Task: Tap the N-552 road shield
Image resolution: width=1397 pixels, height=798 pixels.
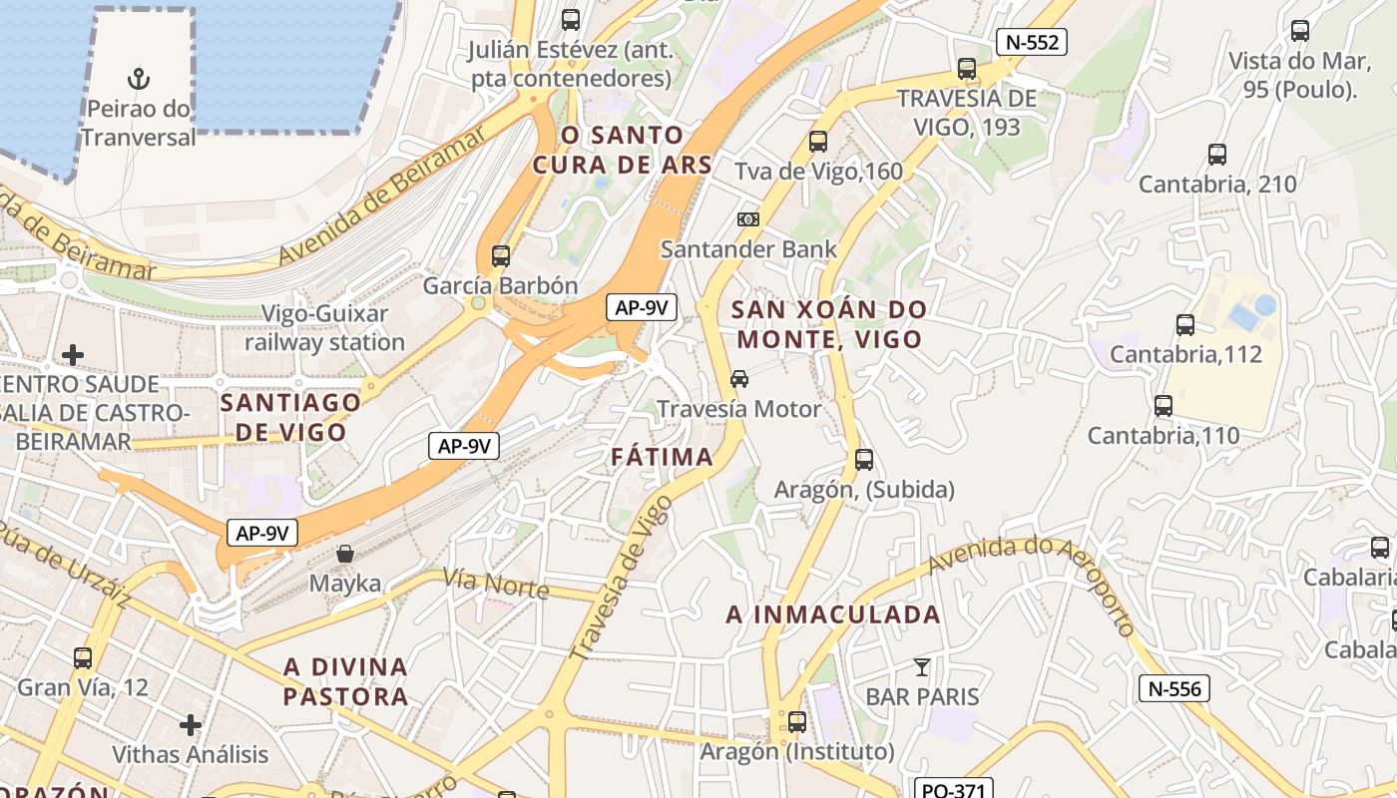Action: pyautogui.click(x=1032, y=42)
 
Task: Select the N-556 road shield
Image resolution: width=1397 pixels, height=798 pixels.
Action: pyautogui.click(x=1174, y=688)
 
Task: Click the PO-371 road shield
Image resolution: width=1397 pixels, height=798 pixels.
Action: pyautogui.click(x=953, y=790)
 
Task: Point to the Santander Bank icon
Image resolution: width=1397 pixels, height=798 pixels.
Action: pyautogui.click(x=747, y=219)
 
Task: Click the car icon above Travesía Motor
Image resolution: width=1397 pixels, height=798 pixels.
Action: pyautogui.click(x=739, y=379)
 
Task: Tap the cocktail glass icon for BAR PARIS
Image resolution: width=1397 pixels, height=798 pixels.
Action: pyautogui.click(x=922, y=666)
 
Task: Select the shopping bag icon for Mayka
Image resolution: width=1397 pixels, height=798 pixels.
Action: pyautogui.click(x=345, y=553)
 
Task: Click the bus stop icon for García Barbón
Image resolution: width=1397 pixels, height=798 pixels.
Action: pyautogui.click(x=501, y=255)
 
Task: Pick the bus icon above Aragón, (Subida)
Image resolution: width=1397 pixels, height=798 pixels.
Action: pyautogui.click(x=864, y=460)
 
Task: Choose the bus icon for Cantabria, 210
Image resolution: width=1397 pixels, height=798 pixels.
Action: pyautogui.click(x=1217, y=155)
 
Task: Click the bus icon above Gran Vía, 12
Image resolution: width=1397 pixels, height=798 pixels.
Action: pyautogui.click(x=83, y=658)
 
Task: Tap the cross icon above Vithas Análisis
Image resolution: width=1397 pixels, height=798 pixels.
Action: pyautogui.click(x=191, y=724)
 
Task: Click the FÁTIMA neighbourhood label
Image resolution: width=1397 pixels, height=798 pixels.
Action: pyautogui.click(x=663, y=458)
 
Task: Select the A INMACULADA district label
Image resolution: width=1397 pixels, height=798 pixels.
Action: pyautogui.click(x=833, y=614)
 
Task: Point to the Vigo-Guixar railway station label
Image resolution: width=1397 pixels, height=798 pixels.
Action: pyautogui.click(x=325, y=328)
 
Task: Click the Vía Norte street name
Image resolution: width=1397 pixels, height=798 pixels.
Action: pyautogui.click(x=496, y=585)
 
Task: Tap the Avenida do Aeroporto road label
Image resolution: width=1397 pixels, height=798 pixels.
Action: pyautogui.click(x=1033, y=579)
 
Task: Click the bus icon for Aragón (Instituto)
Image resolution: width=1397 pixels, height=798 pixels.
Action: pyautogui.click(x=796, y=721)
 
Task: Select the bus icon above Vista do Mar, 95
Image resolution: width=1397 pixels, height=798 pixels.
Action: pyautogui.click(x=1300, y=31)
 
